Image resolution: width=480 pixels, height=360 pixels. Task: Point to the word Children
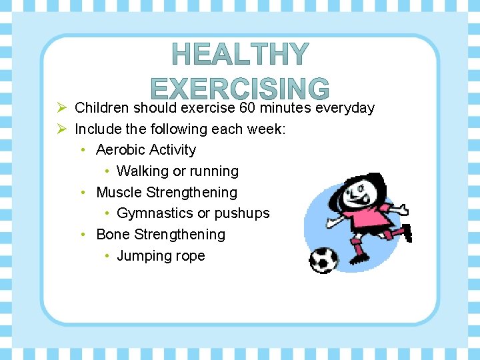click(x=102, y=108)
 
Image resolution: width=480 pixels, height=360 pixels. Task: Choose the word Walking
click(x=142, y=171)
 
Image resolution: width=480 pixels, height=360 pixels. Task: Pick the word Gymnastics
click(x=155, y=213)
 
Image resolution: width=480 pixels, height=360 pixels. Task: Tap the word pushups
click(x=242, y=213)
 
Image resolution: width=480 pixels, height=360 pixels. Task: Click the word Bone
click(x=113, y=235)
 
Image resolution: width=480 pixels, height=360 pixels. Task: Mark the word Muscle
click(x=119, y=193)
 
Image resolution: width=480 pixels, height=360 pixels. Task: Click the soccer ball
click(x=324, y=259)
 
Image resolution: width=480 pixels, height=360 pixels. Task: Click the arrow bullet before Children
click(x=61, y=108)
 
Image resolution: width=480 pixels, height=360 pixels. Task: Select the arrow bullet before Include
click(x=61, y=129)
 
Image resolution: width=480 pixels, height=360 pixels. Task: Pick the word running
click(x=215, y=171)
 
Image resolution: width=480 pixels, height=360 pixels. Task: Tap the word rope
click(x=189, y=256)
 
